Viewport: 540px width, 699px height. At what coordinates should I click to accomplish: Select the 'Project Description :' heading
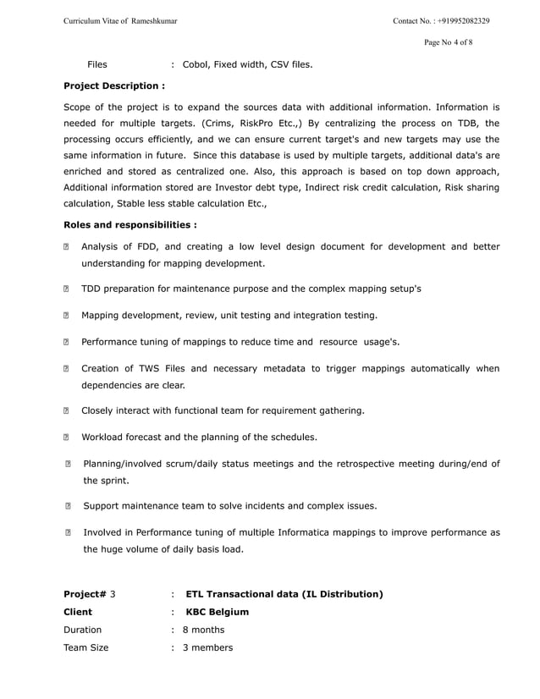point(114,85)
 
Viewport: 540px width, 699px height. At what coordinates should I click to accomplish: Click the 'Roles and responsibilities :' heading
point(130,225)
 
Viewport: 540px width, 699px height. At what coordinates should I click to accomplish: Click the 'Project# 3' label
point(90,594)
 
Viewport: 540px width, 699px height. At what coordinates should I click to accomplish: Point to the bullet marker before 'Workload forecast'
point(68,438)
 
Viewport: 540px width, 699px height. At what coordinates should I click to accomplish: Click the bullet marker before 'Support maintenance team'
point(69,507)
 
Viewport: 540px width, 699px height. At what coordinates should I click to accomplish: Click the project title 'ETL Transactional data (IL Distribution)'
point(284,594)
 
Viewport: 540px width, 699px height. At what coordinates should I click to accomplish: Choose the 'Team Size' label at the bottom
point(86,648)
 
